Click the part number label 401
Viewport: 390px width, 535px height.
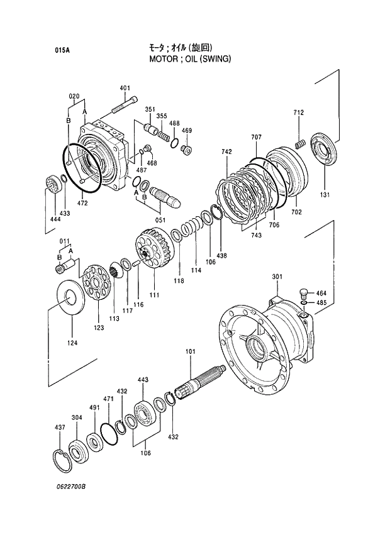pos(125,87)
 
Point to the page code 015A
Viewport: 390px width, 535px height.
pos(62,50)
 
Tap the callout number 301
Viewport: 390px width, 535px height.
pos(277,277)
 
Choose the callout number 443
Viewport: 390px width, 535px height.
pos(143,380)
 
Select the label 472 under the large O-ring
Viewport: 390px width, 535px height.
pos(82,202)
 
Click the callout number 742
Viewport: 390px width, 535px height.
pos(226,152)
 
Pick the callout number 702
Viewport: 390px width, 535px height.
pos(296,212)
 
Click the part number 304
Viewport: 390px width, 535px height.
pos(76,417)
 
